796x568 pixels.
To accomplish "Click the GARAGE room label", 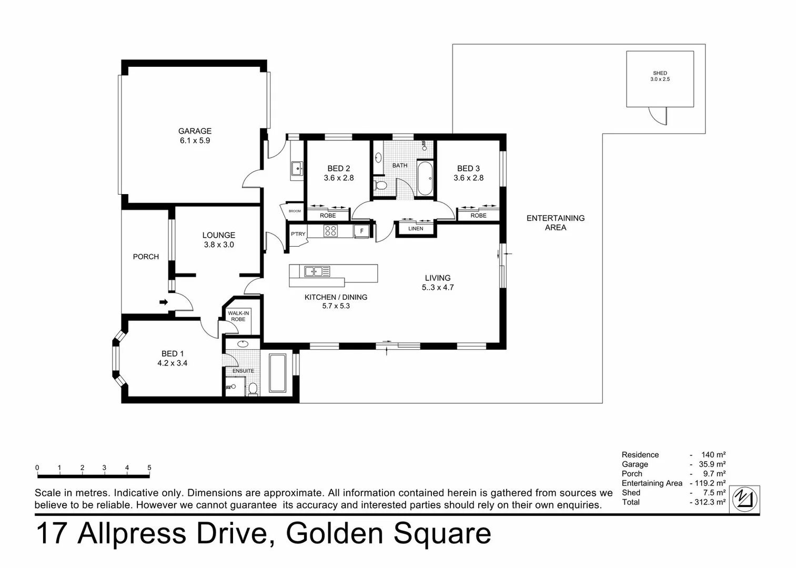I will coord(195,131).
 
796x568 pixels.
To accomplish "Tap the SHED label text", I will coord(660,73).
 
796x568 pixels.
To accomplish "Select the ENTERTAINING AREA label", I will coord(556,222).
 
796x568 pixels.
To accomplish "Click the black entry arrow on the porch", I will coord(164,302).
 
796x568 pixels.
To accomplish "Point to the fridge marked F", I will coord(361,231).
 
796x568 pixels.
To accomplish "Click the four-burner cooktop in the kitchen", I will coord(330,230).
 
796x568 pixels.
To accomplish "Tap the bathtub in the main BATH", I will coord(425,178).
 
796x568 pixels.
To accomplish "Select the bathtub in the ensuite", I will coord(277,373).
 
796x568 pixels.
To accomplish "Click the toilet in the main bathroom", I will coord(380,185).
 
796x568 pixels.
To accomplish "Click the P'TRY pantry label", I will coord(298,234).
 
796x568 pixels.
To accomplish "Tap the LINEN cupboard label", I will coord(416,229).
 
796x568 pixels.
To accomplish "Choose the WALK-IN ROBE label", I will coord(238,316).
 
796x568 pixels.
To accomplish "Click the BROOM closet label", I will coord(295,211).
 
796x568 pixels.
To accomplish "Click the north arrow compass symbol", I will coord(745,498).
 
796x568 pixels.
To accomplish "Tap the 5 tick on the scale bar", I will coord(149,468).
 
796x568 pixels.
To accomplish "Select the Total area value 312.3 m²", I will coord(709,502).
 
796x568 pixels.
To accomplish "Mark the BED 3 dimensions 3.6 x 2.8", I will coord(468,178).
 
